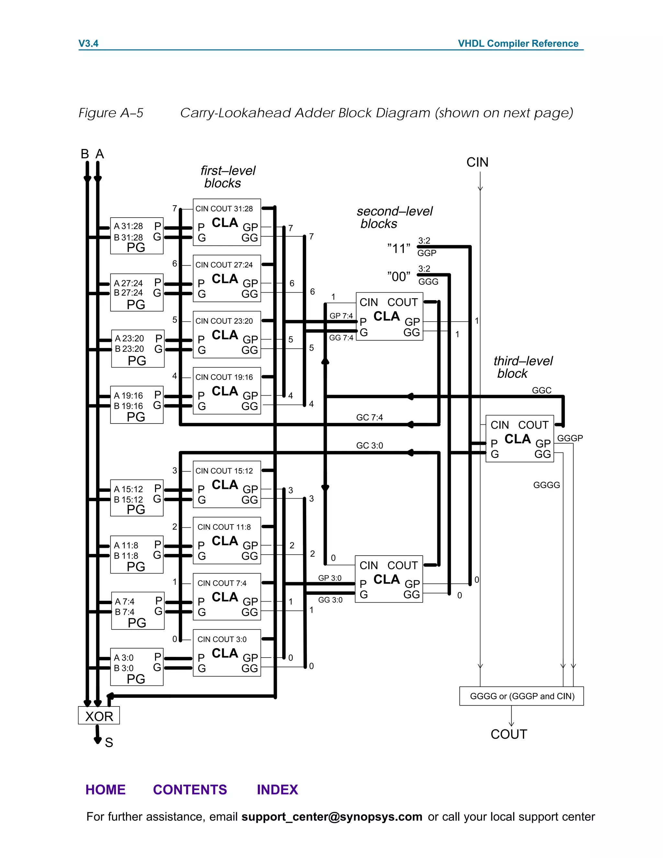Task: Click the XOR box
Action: tap(99, 716)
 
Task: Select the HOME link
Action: tap(106, 790)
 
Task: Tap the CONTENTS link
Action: tap(190, 790)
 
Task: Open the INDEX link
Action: tap(277, 790)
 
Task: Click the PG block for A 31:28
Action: tap(137, 236)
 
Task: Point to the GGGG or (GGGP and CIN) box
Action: tap(522, 696)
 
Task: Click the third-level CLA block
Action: tap(519, 438)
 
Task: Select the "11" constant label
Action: tap(399, 249)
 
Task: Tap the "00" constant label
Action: tap(399, 277)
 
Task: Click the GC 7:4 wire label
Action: tap(369, 417)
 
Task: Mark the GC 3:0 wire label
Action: tap(369, 446)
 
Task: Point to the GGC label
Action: tap(542, 390)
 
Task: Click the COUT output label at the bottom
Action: tap(509, 734)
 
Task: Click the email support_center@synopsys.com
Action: tap(331, 817)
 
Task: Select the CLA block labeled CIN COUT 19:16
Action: tap(227, 391)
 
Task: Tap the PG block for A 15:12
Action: tap(137, 498)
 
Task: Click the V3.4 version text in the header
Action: tap(88, 44)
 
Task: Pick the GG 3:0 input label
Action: tap(330, 600)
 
